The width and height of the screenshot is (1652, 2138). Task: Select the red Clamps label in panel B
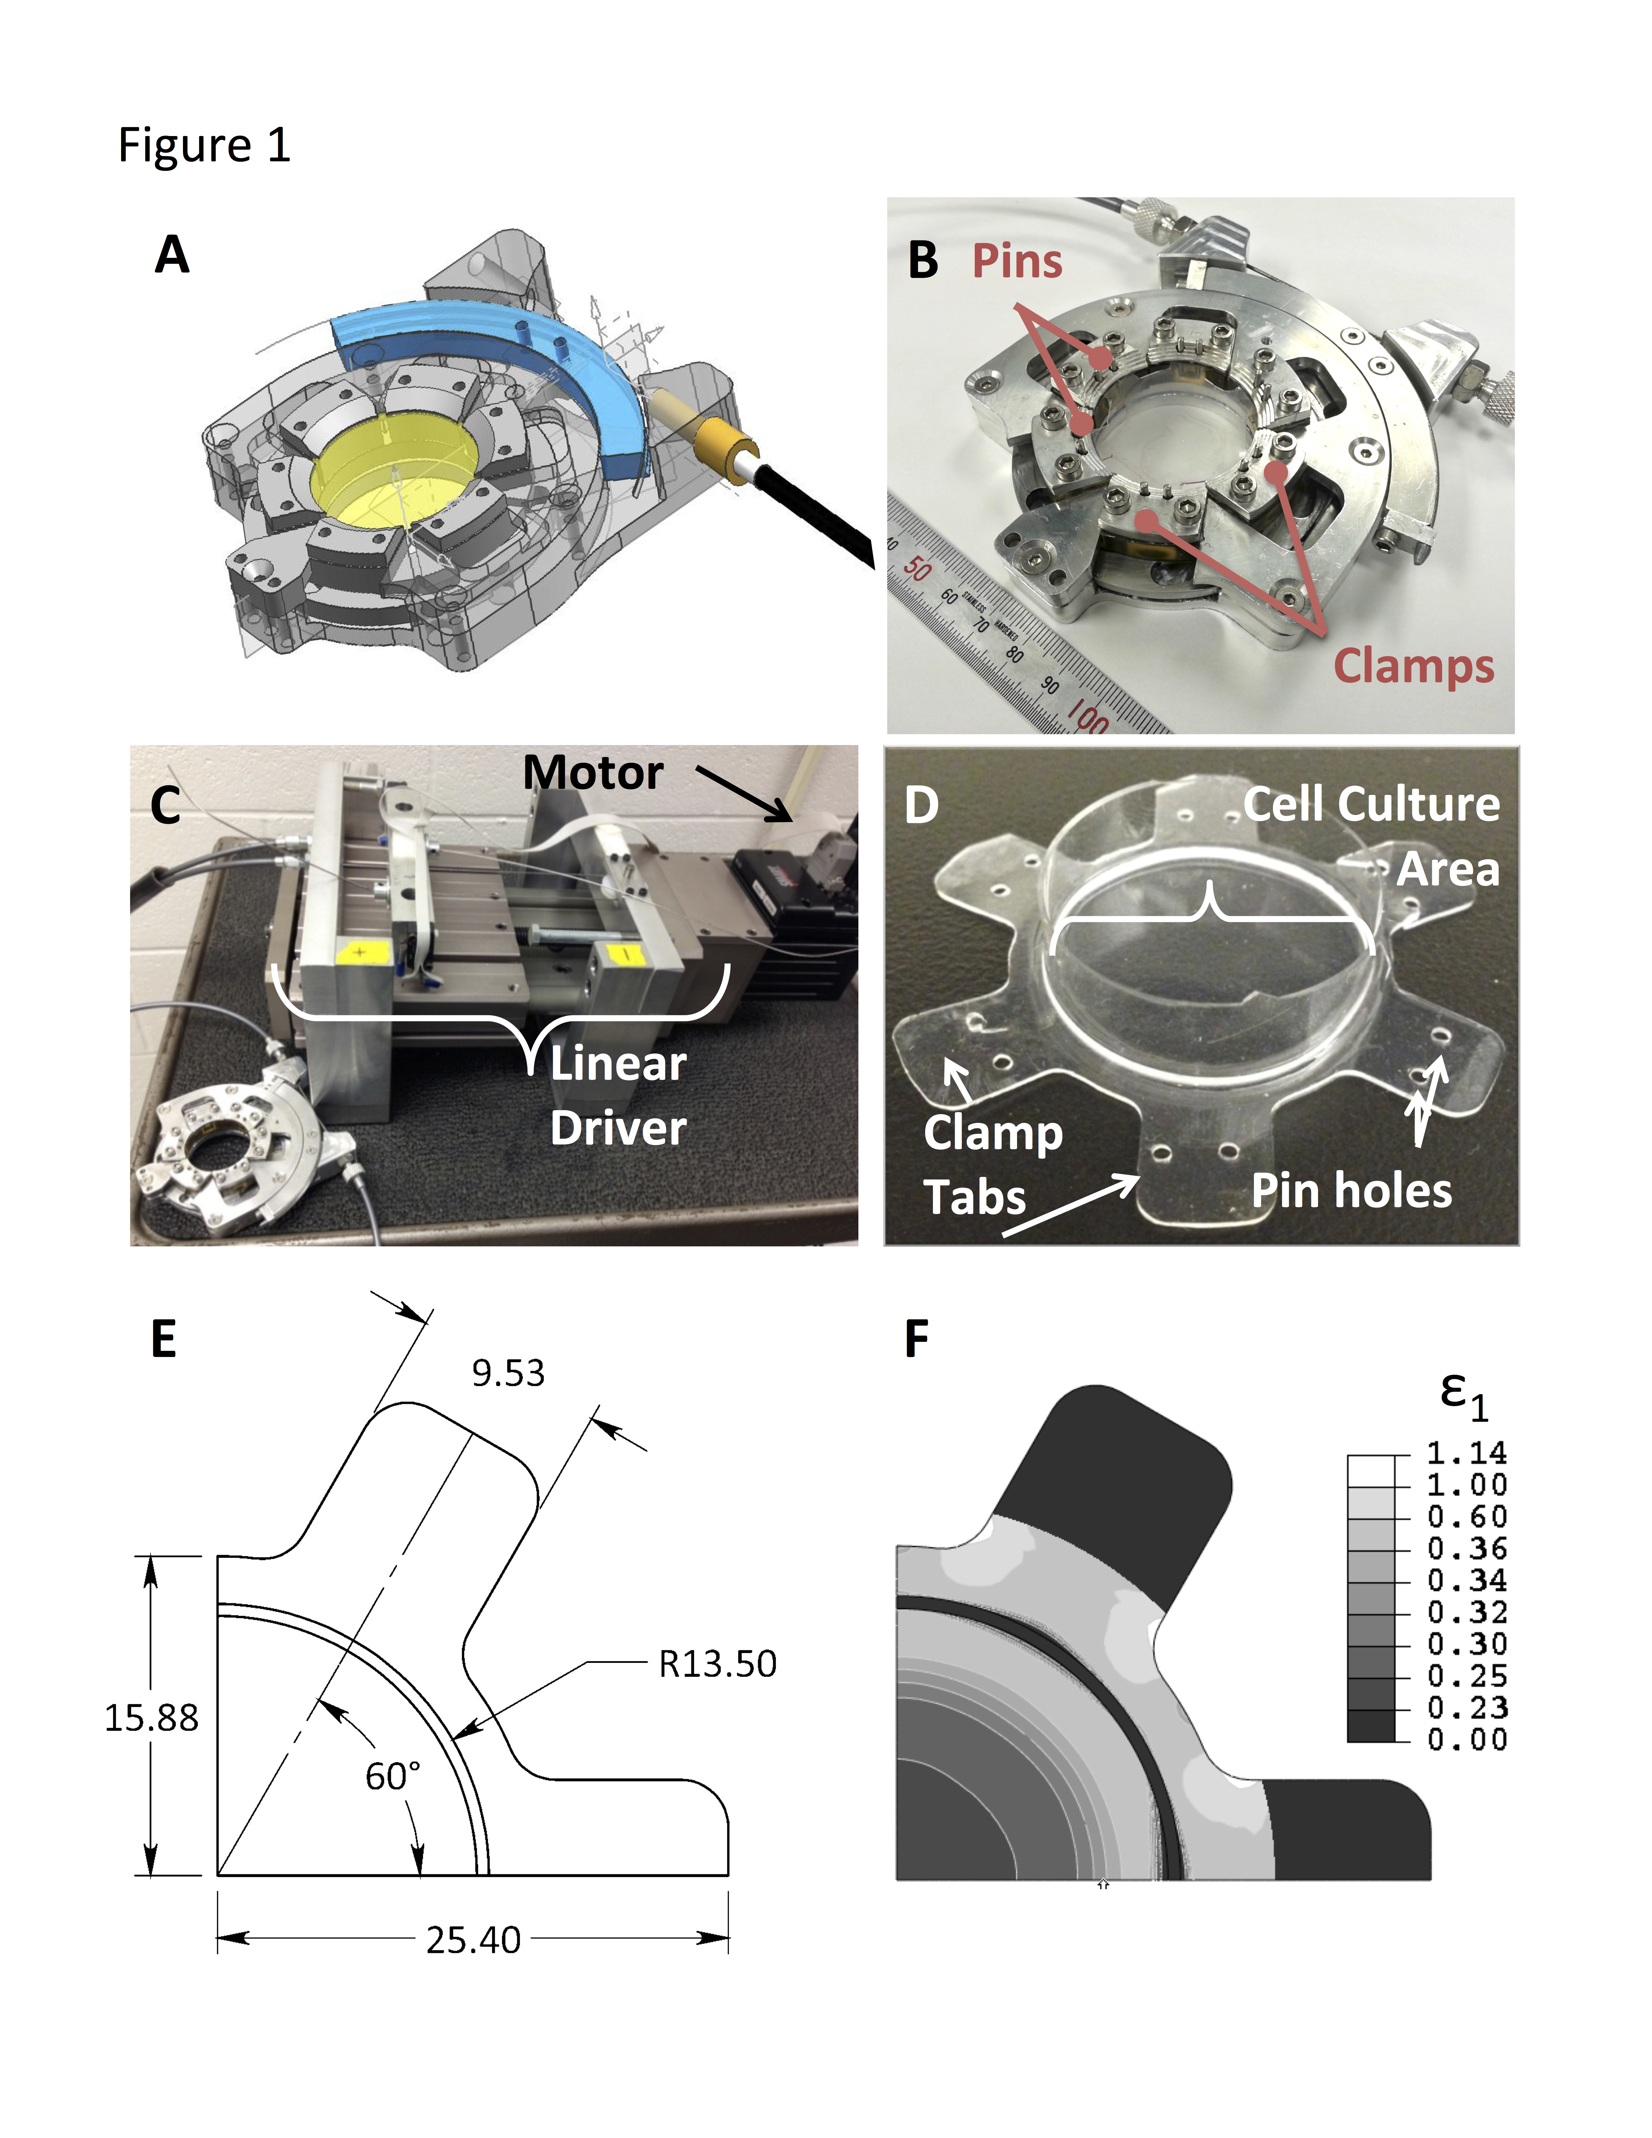[x=1413, y=666]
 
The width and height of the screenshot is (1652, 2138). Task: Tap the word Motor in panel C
[x=593, y=772]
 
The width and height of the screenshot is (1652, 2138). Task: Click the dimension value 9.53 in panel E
[x=508, y=1374]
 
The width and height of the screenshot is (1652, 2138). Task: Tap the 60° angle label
[x=393, y=1776]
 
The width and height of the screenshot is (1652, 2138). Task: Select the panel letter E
[x=164, y=1339]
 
